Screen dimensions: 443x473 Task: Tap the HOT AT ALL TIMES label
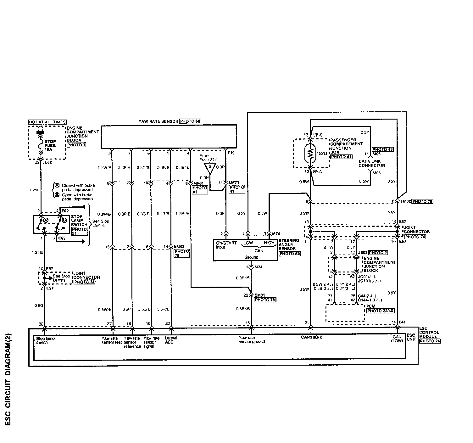[x=47, y=122]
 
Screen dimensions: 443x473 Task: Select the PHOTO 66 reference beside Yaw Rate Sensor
[x=190, y=121]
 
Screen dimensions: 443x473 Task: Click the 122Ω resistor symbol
[x=310, y=153]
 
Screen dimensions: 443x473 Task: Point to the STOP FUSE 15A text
[x=50, y=145]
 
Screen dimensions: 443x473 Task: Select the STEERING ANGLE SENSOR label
[x=289, y=244]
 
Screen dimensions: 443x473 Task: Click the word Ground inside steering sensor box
[x=251, y=257]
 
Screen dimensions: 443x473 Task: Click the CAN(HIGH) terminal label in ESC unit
[x=312, y=337]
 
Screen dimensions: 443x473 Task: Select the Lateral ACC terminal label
[x=171, y=340]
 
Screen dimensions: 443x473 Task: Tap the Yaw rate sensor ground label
[x=251, y=340]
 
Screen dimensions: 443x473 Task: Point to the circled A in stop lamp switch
[x=45, y=220]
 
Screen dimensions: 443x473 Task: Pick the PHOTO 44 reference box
[x=341, y=156]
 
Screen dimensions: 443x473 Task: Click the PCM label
[x=370, y=306]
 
